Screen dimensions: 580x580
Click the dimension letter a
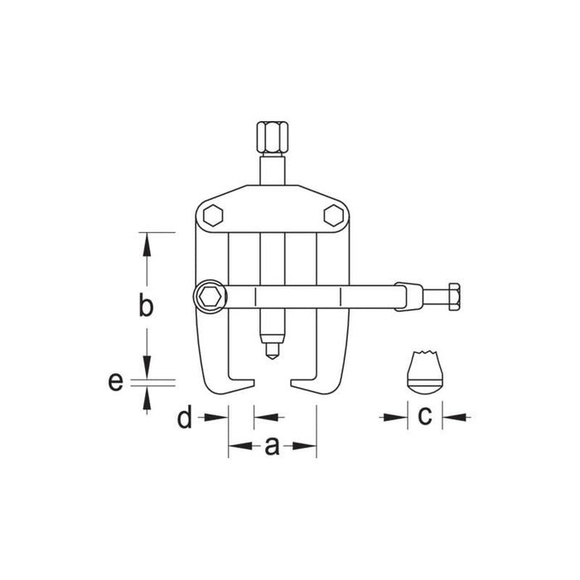click(x=272, y=447)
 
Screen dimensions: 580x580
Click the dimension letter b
click(x=146, y=306)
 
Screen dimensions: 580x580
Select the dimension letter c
click(x=424, y=417)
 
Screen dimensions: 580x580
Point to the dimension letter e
click(x=116, y=382)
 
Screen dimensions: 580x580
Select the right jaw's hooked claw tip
click(x=296, y=384)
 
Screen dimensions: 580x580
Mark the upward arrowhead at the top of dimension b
click(x=147, y=241)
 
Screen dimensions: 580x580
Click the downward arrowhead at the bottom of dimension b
click(x=147, y=369)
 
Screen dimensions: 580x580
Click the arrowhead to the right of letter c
click(x=449, y=418)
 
